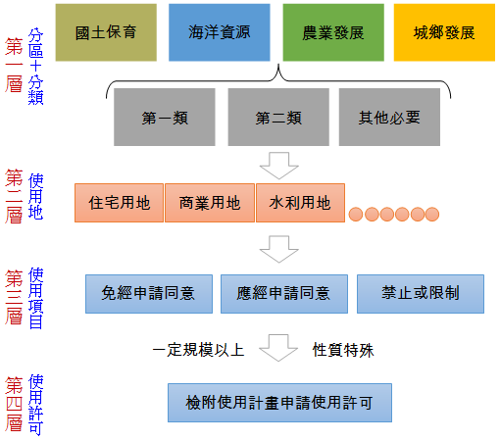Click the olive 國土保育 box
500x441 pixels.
pyautogui.click(x=105, y=32)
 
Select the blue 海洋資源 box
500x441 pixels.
pyautogui.click(x=218, y=32)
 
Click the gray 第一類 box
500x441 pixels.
pyautogui.click(x=165, y=118)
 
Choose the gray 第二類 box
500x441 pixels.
pyautogui.click(x=277, y=118)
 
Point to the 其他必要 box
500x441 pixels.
pyautogui.click(x=389, y=118)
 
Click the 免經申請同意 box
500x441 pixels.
pyautogui.click(x=147, y=293)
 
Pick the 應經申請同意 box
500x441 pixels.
pyautogui.click(x=283, y=293)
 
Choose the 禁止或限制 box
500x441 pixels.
pyautogui.click(x=421, y=293)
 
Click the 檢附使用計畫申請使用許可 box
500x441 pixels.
pyautogui.click(x=279, y=402)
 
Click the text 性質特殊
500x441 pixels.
pyautogui.click(x=344, y=349)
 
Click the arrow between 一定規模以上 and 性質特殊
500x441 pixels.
pyautogui.click(x=278, y=347)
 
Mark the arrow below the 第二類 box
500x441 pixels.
pyautogui.click(x=278, y=164)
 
